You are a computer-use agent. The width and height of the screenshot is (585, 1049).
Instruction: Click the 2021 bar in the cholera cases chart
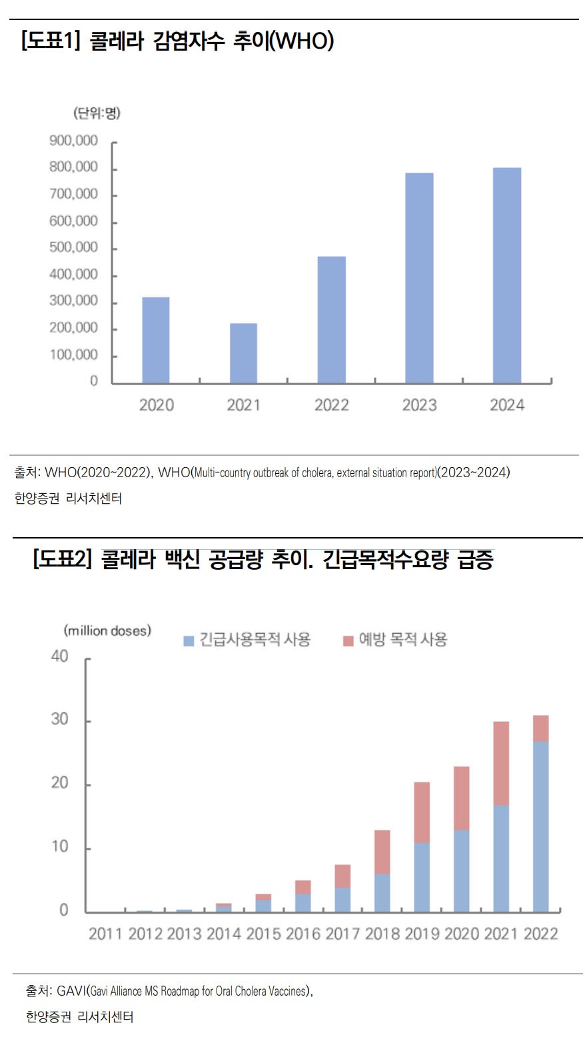243,353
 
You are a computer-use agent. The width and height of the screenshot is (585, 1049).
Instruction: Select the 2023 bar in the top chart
419,278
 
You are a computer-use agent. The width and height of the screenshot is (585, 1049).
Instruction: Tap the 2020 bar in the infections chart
155,340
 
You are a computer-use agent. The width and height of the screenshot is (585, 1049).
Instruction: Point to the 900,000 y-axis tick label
73,141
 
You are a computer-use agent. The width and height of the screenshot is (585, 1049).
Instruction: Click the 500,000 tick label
73,247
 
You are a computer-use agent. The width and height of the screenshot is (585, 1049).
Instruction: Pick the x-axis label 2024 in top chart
507,405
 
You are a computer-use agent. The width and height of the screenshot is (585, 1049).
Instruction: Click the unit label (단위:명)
97,113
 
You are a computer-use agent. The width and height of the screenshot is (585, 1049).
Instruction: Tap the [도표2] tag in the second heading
61,558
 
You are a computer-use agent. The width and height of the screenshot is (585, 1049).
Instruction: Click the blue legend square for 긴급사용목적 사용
189,641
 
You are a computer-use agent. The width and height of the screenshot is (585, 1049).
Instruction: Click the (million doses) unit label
107,630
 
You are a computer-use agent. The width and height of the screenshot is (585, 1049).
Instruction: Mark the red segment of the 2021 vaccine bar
501,763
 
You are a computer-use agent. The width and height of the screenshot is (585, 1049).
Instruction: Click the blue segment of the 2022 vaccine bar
540,826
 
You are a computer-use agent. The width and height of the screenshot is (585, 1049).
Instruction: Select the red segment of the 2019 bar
422,812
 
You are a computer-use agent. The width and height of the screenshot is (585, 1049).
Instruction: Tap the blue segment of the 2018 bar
382,893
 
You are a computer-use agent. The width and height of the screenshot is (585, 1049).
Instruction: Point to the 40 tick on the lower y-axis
60,656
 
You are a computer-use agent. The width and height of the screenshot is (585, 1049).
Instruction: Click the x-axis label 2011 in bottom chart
105,934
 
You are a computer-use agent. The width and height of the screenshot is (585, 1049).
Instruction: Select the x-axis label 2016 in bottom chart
303,934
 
